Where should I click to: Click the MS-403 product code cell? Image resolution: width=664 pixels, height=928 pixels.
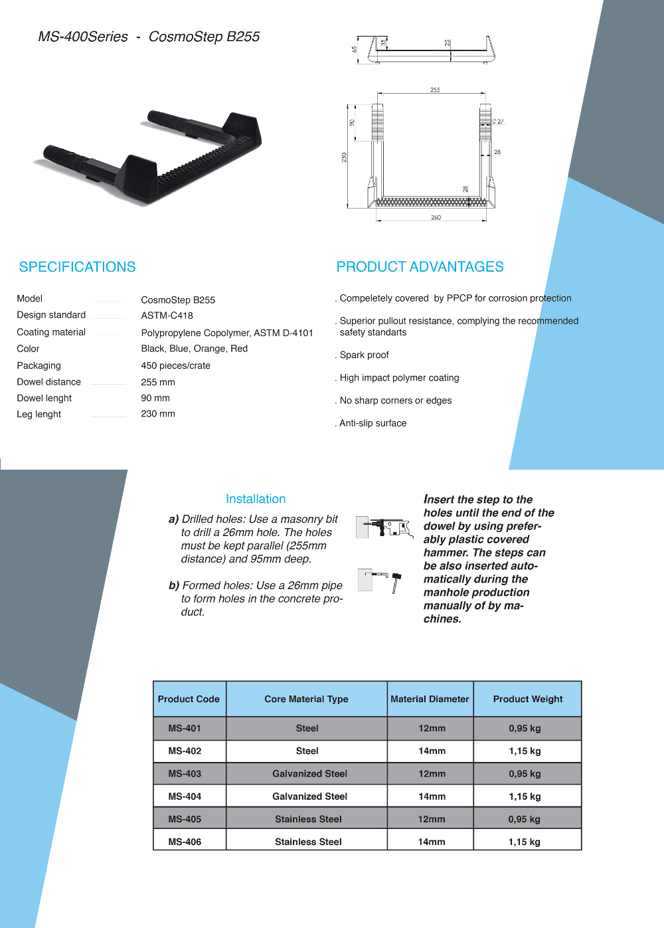point(185,774)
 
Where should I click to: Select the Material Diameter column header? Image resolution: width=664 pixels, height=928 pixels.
point(430,699)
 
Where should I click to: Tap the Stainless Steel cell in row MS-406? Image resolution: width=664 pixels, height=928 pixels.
point(308,842)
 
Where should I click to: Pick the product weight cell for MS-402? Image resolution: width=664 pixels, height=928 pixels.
point(525,751)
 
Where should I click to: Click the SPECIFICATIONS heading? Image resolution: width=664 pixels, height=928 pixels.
point(77,267)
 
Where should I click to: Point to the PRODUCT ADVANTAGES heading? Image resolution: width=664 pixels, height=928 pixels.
point(420,267)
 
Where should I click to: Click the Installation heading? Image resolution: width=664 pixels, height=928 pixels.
point(256,499)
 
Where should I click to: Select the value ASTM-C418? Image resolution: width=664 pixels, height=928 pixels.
point(167,316)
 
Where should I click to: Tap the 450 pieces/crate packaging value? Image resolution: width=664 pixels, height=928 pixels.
point(175,365)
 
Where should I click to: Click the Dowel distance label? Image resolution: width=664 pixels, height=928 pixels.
point(49,382)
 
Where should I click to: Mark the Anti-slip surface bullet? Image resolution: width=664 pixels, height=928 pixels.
point(373,423)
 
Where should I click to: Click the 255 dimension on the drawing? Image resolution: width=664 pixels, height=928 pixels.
point(435,90)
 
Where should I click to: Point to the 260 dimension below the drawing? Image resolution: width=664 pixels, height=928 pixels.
point(436,218)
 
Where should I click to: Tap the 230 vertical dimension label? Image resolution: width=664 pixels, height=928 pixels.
point(344,157)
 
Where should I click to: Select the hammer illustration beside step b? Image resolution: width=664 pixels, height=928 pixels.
point(396,581)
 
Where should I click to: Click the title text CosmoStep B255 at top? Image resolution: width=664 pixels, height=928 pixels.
point(204,37)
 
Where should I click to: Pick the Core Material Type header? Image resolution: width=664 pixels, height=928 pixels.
point(306,699)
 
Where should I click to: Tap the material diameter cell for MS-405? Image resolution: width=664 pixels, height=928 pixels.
point(432,819)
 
